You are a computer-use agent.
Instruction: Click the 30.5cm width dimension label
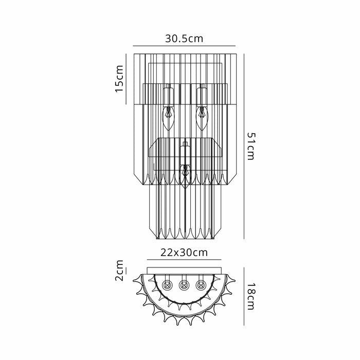tap(184, 39)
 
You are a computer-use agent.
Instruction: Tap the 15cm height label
tap(119, 78)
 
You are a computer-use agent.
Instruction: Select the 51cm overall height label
tap(250, 146)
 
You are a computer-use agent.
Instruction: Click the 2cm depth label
tap(119, 271)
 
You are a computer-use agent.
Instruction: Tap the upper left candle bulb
tap(168, 117)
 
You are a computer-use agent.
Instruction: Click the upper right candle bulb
tap(202, 117)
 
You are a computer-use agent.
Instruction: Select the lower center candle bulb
tap(185, 175)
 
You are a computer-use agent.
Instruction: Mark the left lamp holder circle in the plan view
tap(167, 284)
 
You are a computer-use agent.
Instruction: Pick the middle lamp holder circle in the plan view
tap(184, 284)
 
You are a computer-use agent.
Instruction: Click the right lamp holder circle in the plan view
tap(201, 284)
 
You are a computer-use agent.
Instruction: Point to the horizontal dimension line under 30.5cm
tap(184, 45)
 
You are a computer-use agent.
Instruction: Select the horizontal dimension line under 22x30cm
tap(184, 260)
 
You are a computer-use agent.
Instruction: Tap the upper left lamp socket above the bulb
tap(168, 95)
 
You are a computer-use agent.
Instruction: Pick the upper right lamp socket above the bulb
tap(202, 95)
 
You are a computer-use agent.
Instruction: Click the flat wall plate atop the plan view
tap(184, 269)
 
